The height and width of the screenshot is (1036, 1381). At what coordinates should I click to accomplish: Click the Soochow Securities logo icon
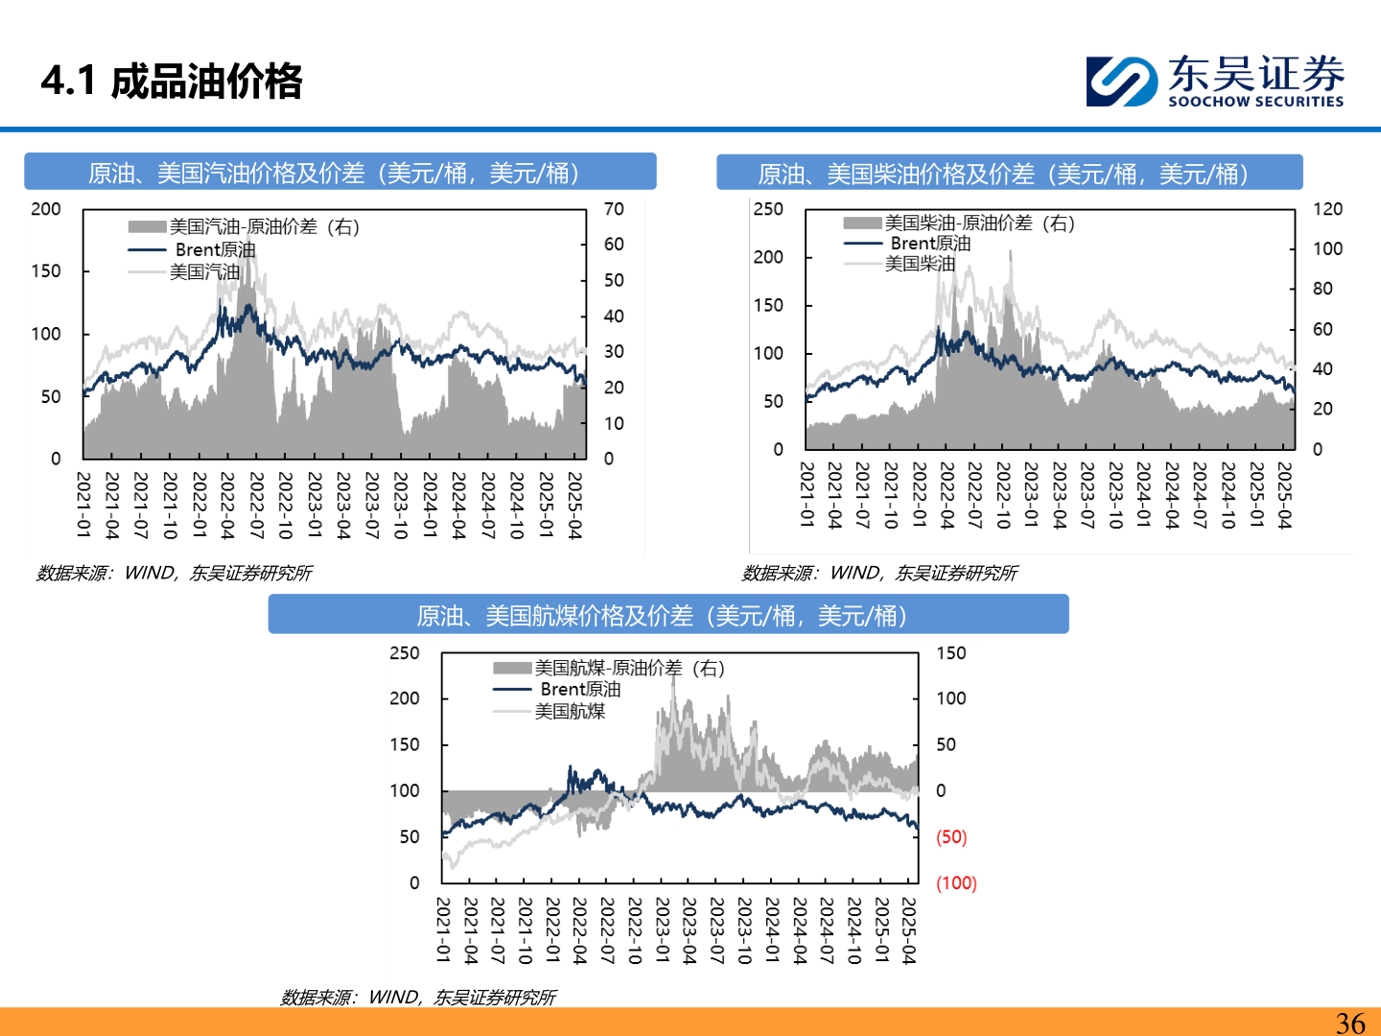[1121, 81]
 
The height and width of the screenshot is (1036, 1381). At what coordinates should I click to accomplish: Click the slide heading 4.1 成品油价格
[172, 82]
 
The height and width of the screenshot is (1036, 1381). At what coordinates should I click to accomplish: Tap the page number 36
[1350, 1023]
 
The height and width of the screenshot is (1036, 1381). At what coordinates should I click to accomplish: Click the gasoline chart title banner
[339, 173]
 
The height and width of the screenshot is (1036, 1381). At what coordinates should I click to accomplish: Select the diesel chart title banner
[1009, 174]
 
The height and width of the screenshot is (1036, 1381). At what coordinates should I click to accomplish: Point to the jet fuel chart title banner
[667, 615]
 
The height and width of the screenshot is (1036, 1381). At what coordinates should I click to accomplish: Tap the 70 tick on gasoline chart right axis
[614, 209]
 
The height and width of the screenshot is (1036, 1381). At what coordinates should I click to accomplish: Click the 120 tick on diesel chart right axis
[1327, 209]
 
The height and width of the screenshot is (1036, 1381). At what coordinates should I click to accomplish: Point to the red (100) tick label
[955, 883]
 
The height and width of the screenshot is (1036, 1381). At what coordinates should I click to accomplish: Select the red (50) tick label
[951, 836]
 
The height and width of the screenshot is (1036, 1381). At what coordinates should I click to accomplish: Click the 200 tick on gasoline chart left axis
[46, 209]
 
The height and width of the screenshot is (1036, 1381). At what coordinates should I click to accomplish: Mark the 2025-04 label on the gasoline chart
[574, 505]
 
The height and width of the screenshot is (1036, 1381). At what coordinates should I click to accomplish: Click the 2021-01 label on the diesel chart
[808, 495]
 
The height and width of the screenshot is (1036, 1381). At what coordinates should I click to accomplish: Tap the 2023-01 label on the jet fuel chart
[663, 930]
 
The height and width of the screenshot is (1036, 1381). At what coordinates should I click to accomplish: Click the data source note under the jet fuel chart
[418, 998]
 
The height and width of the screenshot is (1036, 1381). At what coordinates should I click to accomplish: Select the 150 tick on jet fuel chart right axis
[950, 653]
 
